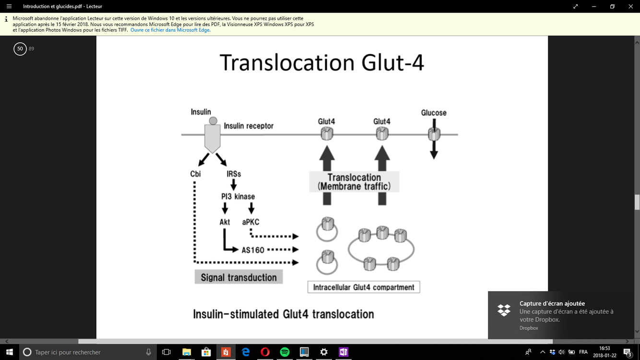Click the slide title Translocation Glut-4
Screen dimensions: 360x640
point(321,63)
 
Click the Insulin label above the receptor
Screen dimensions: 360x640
point(201,112)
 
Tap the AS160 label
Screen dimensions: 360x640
point(253,250)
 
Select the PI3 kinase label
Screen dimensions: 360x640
point(238,196)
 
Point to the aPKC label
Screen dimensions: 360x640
point(251,222)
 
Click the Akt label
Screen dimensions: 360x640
point(225,222)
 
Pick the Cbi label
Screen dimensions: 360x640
point(195,174)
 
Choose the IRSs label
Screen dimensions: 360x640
point(234,174)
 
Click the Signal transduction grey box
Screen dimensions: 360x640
point(238,277)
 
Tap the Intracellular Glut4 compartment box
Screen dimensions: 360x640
point(363,287)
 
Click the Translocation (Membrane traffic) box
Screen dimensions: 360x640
point(354,182)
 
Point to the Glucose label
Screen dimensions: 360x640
point(434,113)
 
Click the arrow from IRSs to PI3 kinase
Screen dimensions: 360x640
point(234,185)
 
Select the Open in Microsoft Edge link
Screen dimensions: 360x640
point(170,30)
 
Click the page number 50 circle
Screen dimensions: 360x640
point(20,48)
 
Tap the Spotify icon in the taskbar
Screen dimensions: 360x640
point(284,352)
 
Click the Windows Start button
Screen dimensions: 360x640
point(9,352)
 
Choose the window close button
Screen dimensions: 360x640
point(630,6)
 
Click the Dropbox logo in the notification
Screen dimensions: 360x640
point(504,310)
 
